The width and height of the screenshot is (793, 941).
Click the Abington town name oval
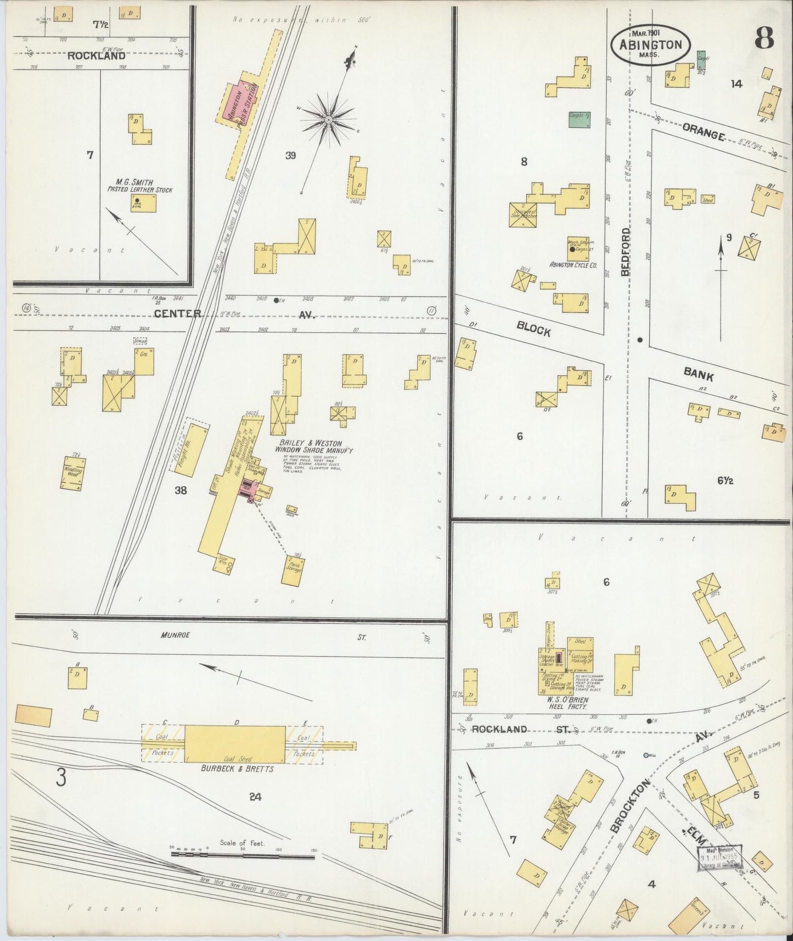coord(650,45)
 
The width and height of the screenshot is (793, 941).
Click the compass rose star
coord(328,119)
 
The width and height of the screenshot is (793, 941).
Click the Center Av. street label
coord(177,314)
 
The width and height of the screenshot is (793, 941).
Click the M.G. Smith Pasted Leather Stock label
coord(139,186)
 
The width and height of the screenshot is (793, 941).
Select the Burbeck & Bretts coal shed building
coord(234,744)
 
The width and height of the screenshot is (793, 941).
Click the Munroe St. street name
coord(176,635)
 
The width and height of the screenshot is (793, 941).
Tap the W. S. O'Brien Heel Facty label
coord(569,704)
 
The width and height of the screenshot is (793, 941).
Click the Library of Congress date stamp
coord(719,858)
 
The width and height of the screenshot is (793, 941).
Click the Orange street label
coord(704,132)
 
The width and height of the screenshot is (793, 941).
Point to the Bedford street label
coord(626,252)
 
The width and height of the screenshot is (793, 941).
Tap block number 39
coord(290,155)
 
